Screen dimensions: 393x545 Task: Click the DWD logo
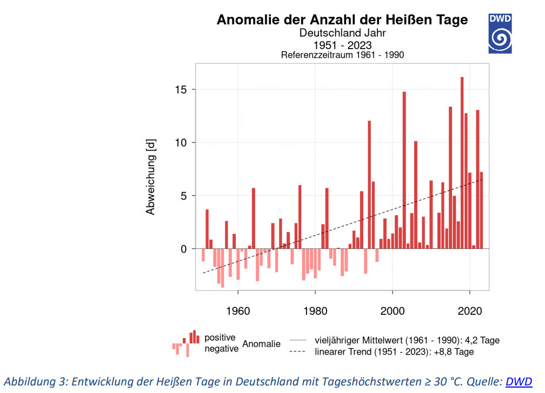(x=500, y=33)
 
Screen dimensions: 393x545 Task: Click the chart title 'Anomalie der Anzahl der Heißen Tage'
(x=342, y=20)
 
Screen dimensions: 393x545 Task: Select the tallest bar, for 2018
(x=462, y=162)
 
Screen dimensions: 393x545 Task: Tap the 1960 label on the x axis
(x=238, y=312)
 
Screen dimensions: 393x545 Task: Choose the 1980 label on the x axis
(x=315, y=312)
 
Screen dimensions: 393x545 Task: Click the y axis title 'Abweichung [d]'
(x=151, y=175)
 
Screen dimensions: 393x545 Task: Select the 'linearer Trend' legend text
(x=394, y=352)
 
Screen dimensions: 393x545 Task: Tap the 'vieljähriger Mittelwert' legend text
(x=407, y=341)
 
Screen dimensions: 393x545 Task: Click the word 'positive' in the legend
(x=220, y=337)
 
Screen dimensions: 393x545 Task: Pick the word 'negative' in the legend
(x=221, y=349)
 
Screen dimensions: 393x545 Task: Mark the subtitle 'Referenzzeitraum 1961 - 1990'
(x=342, y=55)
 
